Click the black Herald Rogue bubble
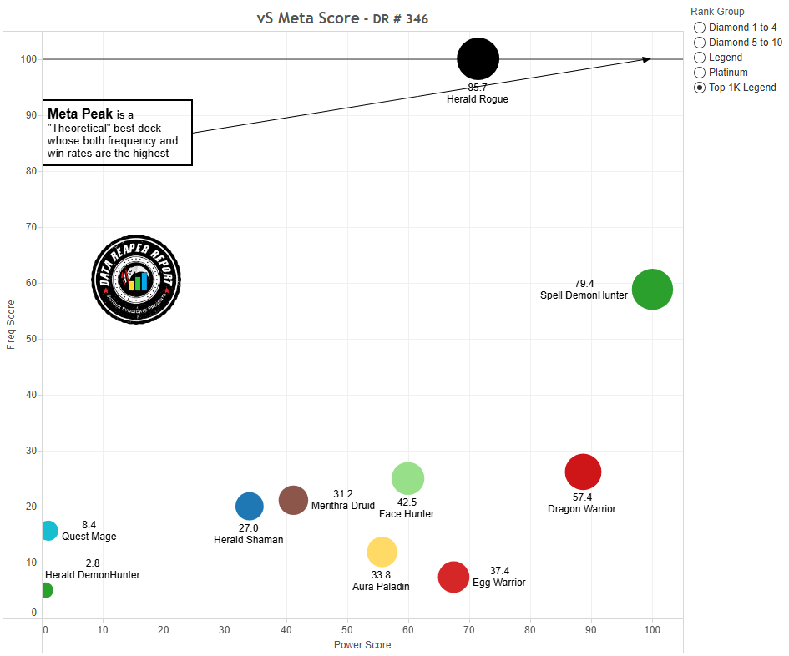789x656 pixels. click(478, 58)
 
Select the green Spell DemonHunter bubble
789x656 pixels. click(652, 290)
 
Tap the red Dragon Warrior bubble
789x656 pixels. click(583, 472)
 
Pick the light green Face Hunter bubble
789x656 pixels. click(407, 478)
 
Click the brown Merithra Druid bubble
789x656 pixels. click(293, 500)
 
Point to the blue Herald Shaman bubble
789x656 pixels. click(250, 505)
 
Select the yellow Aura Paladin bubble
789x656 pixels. click(382, 552)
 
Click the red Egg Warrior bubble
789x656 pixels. click(453, 577)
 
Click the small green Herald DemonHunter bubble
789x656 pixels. click(45, 590)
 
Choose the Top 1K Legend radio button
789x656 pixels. click(700, 88)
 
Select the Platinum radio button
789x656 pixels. click(700, 73)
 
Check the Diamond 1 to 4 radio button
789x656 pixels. click(700, 28)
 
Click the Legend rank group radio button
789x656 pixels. click(700, 58)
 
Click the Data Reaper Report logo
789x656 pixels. click(136, 279)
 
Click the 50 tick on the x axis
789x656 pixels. click(347, 630)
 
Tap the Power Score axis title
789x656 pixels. click(362, 645)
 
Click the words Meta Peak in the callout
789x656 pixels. click(80, 114)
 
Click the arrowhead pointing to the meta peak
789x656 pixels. click(646, 58)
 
